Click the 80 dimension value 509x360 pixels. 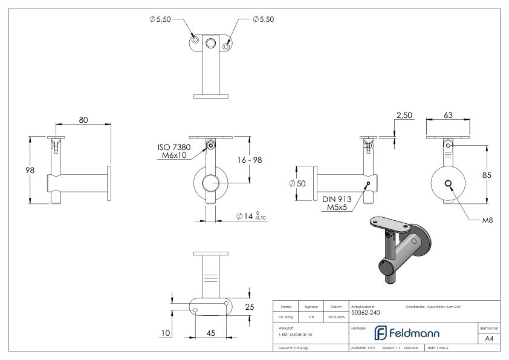click(x=83, y=120)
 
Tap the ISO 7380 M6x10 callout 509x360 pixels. click(x=173, y=151)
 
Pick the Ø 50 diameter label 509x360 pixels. click(x=298, y=183)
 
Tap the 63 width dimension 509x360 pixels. click(x=449, y=115)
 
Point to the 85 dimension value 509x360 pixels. click(x=486, y=175)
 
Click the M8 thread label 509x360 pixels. click(x=487, y=221)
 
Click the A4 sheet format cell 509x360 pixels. click(x=489, y=339)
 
